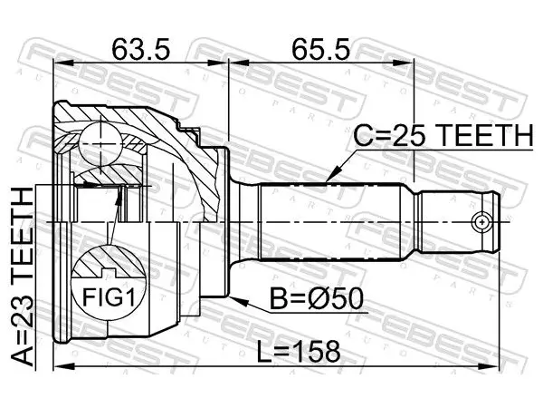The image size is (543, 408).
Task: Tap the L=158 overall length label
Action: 299,351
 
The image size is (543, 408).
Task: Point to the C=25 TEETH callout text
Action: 443,135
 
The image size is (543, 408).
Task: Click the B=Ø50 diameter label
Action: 317,299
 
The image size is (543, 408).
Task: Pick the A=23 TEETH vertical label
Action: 23,277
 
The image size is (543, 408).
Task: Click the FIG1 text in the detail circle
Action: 109,297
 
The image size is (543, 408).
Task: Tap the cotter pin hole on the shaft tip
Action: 481,222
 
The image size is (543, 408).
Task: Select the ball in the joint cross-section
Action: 100,143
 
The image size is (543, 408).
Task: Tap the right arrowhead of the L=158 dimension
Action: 488,366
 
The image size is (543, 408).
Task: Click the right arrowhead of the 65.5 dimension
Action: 403,63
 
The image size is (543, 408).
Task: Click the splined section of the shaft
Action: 330,222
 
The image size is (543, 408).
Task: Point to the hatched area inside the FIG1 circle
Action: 108,261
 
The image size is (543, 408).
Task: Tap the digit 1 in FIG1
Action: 130,297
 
